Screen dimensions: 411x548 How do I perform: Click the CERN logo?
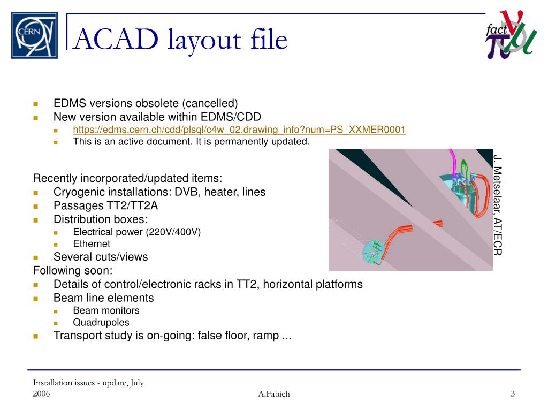tap(35, 35)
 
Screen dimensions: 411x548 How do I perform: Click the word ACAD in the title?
tap(115, 39)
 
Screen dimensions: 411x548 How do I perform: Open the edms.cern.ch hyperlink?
tap(239, 130)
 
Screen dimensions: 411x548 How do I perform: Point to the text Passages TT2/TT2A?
tap(105, 205)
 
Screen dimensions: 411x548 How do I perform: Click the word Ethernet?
tap(92, 244)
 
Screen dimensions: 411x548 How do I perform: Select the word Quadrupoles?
tap(101, 322)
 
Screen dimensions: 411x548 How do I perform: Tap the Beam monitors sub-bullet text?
tap(106, 310)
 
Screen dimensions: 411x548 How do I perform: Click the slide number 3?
tap(513, 394)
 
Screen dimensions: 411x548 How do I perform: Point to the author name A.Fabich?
tap(273, 394)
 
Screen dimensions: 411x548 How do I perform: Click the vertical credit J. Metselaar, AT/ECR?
tap(498, 205)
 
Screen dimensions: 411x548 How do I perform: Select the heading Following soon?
tap(73, 270)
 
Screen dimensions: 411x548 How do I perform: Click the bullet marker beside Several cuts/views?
tap(36, 257)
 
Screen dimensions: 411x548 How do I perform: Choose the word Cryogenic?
tap(77, 192)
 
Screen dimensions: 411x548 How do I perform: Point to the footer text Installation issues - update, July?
tap(88, 383)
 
